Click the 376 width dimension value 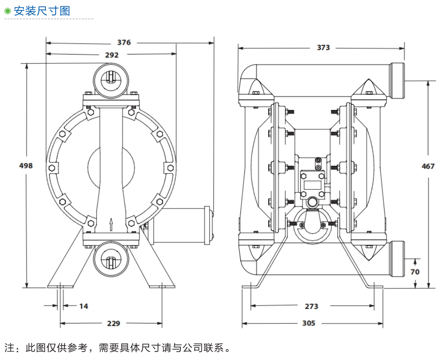(x=124, y=42)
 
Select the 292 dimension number (x=112, y=55)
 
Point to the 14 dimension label (x=84, y=306)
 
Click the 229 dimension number (x=114, y=324)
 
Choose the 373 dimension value (x=323, y=47)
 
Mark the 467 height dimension (x=428, y=166)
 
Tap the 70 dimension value (x=415, y=272)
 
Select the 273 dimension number (x=312, y=306)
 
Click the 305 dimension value (x=309, y=323)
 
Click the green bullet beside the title (x=7, y=11)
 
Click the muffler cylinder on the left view (x=180, y=225)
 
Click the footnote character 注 (x=9, y=348)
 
